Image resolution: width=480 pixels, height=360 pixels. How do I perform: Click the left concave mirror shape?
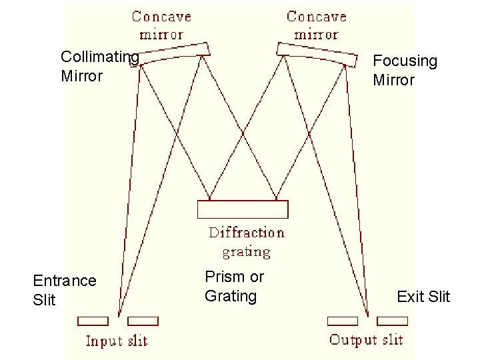point(175,52)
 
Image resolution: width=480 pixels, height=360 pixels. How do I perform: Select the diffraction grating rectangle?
point(243,209)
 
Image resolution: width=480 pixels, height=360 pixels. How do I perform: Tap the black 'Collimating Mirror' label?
point(99,67)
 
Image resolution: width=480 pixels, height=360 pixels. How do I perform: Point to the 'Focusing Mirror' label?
point(405,71)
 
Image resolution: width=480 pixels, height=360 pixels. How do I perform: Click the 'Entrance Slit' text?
point(64,290)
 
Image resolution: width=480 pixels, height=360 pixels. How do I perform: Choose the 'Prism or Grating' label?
point(234,286)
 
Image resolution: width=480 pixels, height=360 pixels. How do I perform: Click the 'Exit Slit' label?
point(423,297)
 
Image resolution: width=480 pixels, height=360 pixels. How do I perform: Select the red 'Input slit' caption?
point(117,341)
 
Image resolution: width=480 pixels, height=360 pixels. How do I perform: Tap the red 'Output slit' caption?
point(366,340)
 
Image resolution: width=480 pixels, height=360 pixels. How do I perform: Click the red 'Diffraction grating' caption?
point(246,242)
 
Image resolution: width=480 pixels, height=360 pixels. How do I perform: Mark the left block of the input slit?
point(93,321)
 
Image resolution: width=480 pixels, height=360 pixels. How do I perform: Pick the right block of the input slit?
point(143,321)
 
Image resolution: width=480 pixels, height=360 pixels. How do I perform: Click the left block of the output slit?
point(342,321)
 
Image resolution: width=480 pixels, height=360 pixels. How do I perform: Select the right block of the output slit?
point(392,321)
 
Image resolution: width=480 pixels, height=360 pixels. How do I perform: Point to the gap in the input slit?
point(118,321)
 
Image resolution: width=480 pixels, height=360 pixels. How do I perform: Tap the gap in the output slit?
point(367,321)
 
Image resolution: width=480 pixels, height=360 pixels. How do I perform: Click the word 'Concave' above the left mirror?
point(161,16)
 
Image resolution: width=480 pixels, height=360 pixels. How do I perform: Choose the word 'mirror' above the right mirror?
point(316,34)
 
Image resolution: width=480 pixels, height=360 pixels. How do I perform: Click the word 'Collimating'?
point(99,57)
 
